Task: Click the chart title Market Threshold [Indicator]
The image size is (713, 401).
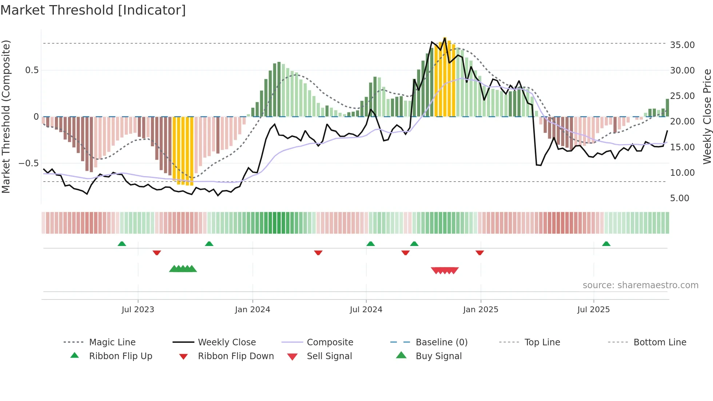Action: pyautogui.click(x=93, y=10)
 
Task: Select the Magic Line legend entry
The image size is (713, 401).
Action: pyautogui.click(x=112, y=342)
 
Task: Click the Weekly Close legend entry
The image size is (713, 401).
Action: pyautogui.click(x=227, y=342)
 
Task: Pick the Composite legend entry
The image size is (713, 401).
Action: pyautogui.click(x=330, y=342)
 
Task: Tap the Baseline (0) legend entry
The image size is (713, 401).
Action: pyautogui.click(x=441, y=342)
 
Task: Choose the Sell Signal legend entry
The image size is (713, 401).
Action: pyautogui.click(x=329, y=356)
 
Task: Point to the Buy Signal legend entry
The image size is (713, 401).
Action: pyautogui.click(x=438, y=356)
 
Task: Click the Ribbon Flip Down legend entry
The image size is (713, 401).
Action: pyautogui.click(x=235, y=356)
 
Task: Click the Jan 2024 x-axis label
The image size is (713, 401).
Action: pyautogui.click(x=252, y=310)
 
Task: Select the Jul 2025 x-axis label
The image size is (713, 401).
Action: pyautogui.click(x=593, y=310)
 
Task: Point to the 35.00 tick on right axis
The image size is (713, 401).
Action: pyautogui.click(x=682, y=45)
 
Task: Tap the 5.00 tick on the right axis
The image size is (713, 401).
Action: pyautogui.click(x=680, y=198)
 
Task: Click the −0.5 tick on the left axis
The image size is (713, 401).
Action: pyautogui.click(x=28, y=163)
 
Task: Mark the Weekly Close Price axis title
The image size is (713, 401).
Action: pyautogui.click(x=707, y=116)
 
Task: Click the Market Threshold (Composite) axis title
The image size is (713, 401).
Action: pyautogui.click(x=6, y=116)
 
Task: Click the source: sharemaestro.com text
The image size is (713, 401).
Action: pyautogui.click(x=640, y=285)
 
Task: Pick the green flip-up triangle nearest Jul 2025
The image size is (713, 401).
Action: pyautogui.click(x=606, y=244)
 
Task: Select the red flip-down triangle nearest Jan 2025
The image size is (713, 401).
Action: pyautogui.click(x=479, y=253)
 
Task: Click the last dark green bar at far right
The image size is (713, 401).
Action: pyautogui.click(x=667, y=108)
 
